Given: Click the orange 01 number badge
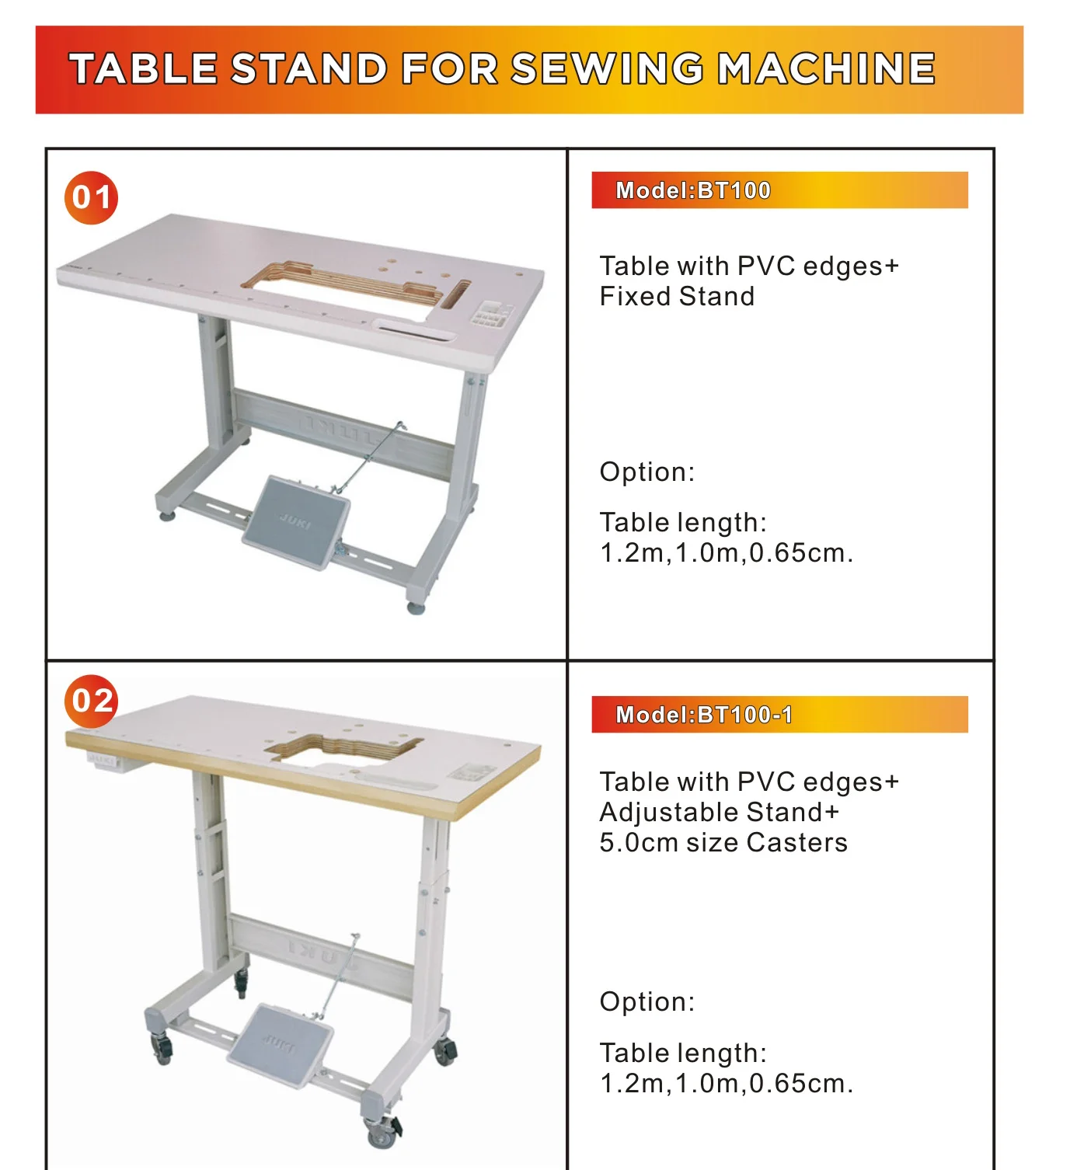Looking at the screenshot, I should (x=91, y=197).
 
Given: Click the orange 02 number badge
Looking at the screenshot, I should (x=91, y=701).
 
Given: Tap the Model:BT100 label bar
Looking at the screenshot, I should (x=779, y=190).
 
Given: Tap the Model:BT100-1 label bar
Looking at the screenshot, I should (x=779, y=715).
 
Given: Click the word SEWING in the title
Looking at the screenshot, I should (x=607, y=69).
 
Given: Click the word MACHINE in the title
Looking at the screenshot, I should (x=826, y=69).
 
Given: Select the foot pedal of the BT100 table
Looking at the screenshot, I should (x=296, y=521).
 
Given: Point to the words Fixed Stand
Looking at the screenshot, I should (x=677, y=297).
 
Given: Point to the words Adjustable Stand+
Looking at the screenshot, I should (x=720, y=813).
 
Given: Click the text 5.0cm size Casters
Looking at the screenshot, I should (x=723, y=843).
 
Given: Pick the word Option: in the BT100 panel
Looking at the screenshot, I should (x=647, y=472).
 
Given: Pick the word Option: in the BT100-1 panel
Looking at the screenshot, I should (x=647, y=1002).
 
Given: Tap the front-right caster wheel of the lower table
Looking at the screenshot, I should (x=382, y=1134).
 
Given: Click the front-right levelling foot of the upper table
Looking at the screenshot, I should (x=416, y=608).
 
